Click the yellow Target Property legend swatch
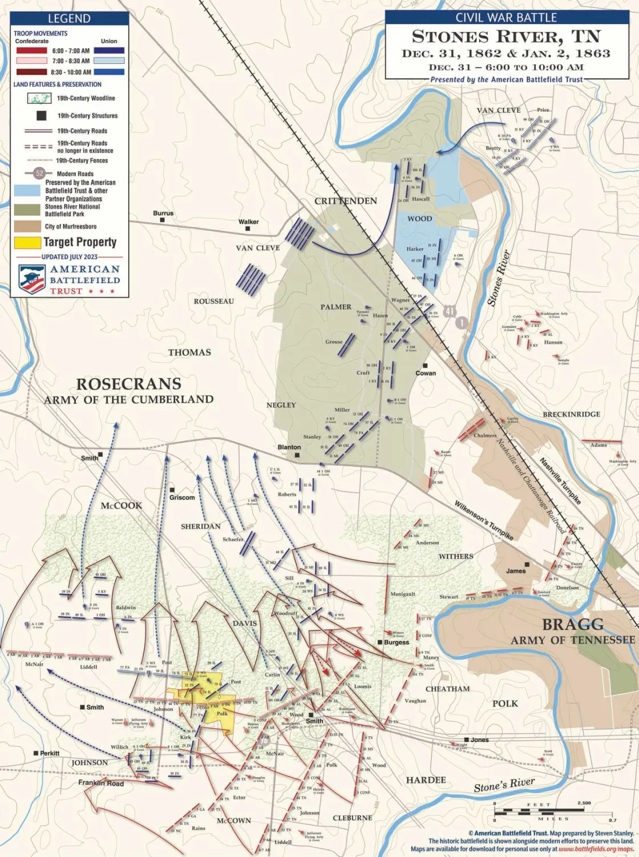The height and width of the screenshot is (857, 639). (27, 242)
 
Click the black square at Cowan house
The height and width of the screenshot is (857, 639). (425, 366)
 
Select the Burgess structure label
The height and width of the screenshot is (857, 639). (397, 642)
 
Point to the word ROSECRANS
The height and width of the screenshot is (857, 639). (129, 384)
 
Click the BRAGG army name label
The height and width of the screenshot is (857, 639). (572, 625)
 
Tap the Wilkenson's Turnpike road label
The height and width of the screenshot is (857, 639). (483, 520)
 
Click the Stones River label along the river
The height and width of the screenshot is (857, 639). (499, 278)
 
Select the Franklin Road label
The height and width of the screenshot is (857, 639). (101, 783)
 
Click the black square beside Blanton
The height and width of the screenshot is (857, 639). (297, 455)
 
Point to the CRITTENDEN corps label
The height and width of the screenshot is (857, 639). (346, 201)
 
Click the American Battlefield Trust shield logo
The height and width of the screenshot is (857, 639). (32, 280)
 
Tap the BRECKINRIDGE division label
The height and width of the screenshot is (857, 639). (571, 414)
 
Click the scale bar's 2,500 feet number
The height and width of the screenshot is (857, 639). (584, 803)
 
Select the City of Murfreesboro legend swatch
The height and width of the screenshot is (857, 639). (27, 227)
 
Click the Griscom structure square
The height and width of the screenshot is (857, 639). (172, 490)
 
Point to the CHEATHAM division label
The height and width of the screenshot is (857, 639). (447, 689)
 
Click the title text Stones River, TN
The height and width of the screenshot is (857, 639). (506, 37)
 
